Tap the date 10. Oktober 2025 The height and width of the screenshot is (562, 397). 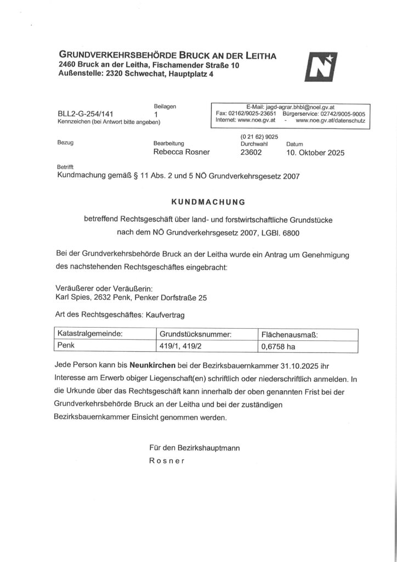[315, 153]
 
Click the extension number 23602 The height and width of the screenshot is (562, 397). [251, 153]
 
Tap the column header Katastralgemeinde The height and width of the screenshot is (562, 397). [90, 334]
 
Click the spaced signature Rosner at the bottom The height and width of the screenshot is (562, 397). [167, 461]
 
